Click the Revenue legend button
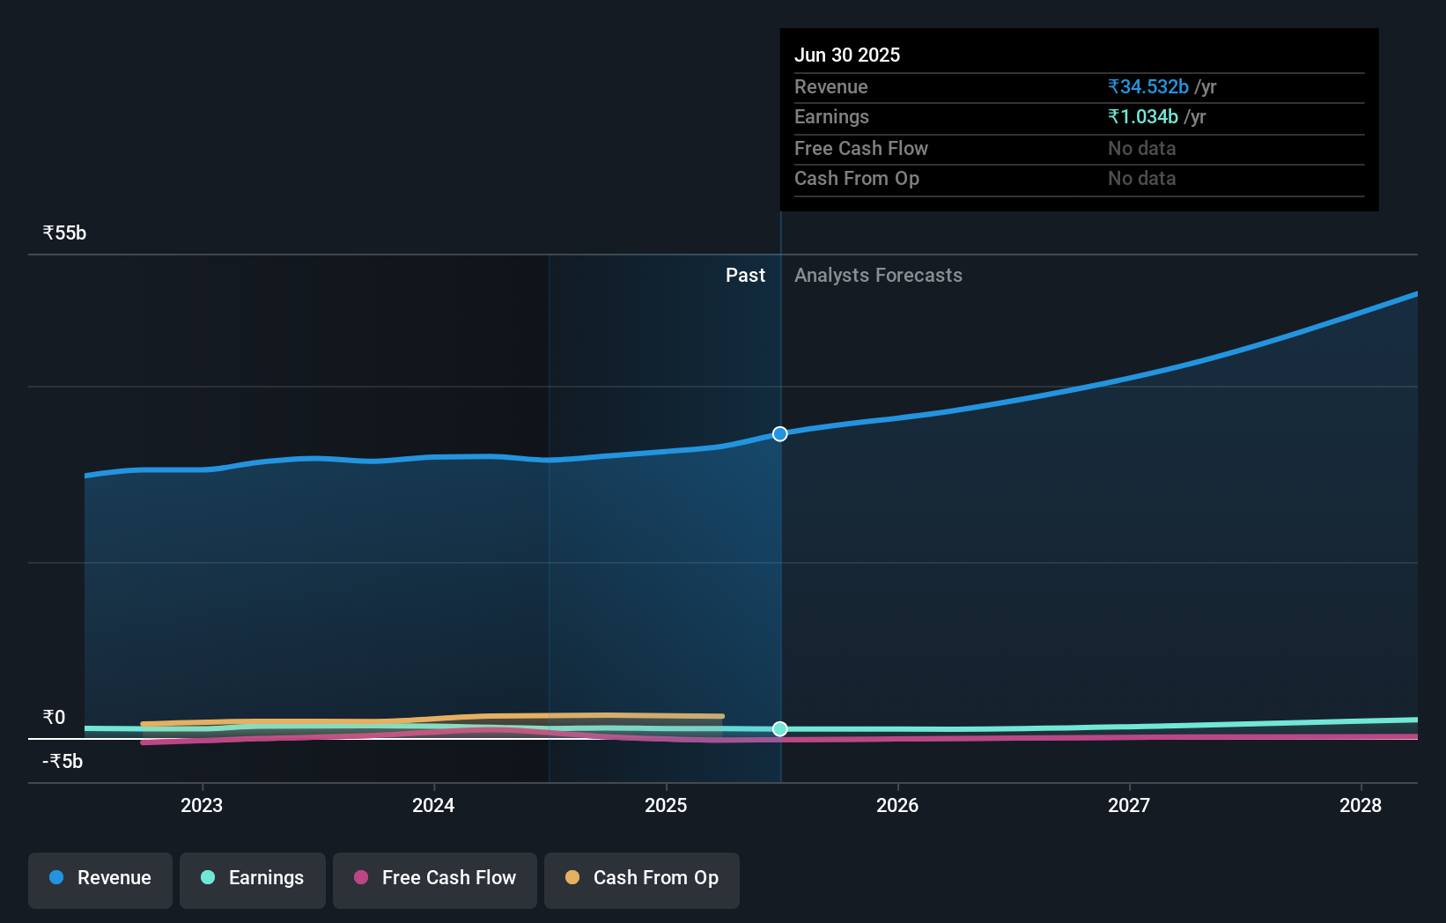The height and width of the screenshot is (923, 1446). point(100,878)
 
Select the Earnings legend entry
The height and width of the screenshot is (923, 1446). point(253,878)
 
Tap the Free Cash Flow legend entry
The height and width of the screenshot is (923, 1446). point(435,878)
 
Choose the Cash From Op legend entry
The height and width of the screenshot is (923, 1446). point(642,878)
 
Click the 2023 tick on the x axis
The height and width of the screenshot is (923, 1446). point(202,805)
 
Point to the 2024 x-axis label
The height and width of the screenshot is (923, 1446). point(433,805)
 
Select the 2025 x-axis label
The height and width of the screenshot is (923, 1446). point(666,805)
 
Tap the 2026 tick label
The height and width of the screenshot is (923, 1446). point(897,805)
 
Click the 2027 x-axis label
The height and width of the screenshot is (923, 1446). point(1129,805)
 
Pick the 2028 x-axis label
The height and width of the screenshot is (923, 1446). point(1361,805)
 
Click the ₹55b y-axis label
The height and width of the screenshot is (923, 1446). point(64,233)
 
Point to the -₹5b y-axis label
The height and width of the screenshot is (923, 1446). point(63,761)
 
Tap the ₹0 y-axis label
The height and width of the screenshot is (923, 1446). point(54,717)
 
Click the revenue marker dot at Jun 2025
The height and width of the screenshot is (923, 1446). point(780,434)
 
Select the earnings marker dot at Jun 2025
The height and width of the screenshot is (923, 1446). point(780,728)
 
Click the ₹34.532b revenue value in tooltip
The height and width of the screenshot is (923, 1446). point(1148,87)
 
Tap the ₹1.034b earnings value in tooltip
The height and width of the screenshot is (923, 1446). point(1143,117)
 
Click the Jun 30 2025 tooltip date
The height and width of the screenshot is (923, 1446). point(847,55)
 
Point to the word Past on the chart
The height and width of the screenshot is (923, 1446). point(745,276)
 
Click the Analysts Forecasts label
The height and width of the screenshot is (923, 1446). point(878,276)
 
